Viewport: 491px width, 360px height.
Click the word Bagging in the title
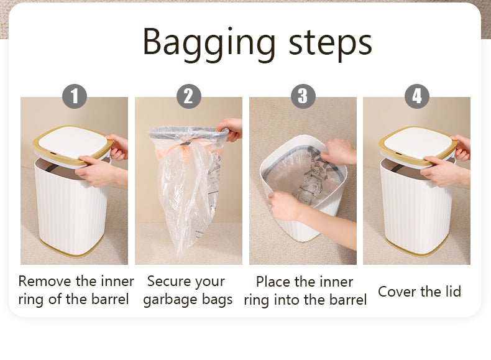(x=209, y=44)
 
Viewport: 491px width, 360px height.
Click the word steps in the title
(x=331, y=44)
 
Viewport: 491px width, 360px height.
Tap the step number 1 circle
(x=75, y=96)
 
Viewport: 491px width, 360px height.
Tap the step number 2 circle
(x=188, y=96)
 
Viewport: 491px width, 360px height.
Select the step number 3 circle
(x=303, y=96)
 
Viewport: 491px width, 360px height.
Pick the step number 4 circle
(x=417, y=96)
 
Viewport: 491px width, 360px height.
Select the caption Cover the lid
(x=420, y=292)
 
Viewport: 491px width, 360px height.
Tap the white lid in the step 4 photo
(x=416, y=142)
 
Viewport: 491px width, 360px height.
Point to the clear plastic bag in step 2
(x=188, y=188)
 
